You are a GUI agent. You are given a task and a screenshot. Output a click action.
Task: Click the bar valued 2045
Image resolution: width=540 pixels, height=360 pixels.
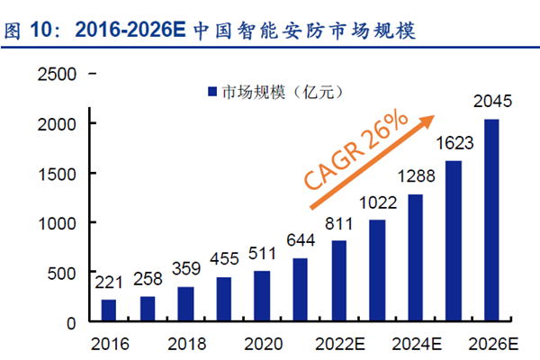point(491,220)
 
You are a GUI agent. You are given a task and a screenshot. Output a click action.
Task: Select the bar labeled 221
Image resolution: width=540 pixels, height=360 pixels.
point(108,310)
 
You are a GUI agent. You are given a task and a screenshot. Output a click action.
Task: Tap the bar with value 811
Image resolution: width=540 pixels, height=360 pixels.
point(338,281)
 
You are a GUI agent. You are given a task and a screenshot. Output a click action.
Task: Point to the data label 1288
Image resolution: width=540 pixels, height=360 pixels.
point(415,175)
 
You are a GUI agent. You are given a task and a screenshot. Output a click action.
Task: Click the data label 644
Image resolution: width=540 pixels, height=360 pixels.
point(300,240)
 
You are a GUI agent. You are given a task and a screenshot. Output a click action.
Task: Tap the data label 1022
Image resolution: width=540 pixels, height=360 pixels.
point(376,202)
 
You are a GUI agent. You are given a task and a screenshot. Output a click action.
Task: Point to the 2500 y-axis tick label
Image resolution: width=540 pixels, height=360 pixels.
point(55,74)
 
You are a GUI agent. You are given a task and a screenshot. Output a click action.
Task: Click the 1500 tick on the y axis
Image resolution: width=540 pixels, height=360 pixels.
point(55,173)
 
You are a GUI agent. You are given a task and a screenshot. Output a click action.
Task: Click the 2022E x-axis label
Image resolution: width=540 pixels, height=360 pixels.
point(338,344)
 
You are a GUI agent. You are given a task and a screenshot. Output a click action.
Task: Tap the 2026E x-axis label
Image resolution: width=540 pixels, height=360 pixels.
point(491,344)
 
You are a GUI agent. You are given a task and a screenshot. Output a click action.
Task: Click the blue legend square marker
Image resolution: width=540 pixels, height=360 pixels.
point(212,91)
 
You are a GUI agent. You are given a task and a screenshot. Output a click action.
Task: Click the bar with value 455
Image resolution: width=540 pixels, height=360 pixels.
point(223,300)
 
